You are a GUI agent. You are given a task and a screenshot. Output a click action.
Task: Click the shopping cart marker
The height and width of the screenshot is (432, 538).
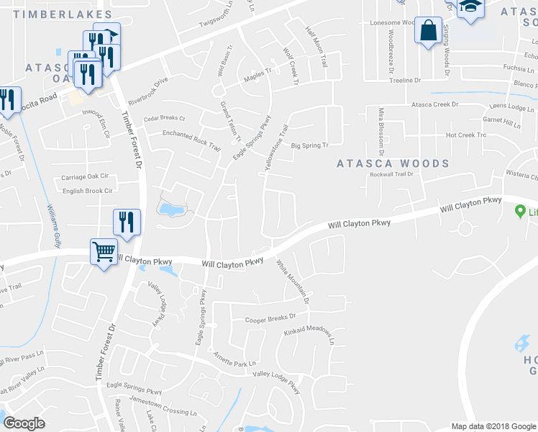coord(104,252)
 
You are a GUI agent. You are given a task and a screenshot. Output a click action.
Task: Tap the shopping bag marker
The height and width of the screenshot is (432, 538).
coord(428,31)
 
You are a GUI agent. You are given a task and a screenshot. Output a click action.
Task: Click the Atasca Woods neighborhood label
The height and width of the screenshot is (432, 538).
coord(393,163)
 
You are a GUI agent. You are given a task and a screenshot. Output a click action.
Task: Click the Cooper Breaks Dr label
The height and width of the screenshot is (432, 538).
coord(270,318)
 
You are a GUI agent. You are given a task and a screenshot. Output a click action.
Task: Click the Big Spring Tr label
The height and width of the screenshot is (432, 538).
coord(309,145)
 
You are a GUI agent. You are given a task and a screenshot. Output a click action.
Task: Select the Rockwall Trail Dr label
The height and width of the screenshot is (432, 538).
coord(392,174)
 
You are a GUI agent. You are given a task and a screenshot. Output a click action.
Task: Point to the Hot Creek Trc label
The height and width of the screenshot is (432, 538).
coord(466,135)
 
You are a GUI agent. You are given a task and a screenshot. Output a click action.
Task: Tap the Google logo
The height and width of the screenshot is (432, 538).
coord(24,423)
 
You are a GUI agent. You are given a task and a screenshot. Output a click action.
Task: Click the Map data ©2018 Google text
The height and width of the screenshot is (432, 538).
coord(493,426)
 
